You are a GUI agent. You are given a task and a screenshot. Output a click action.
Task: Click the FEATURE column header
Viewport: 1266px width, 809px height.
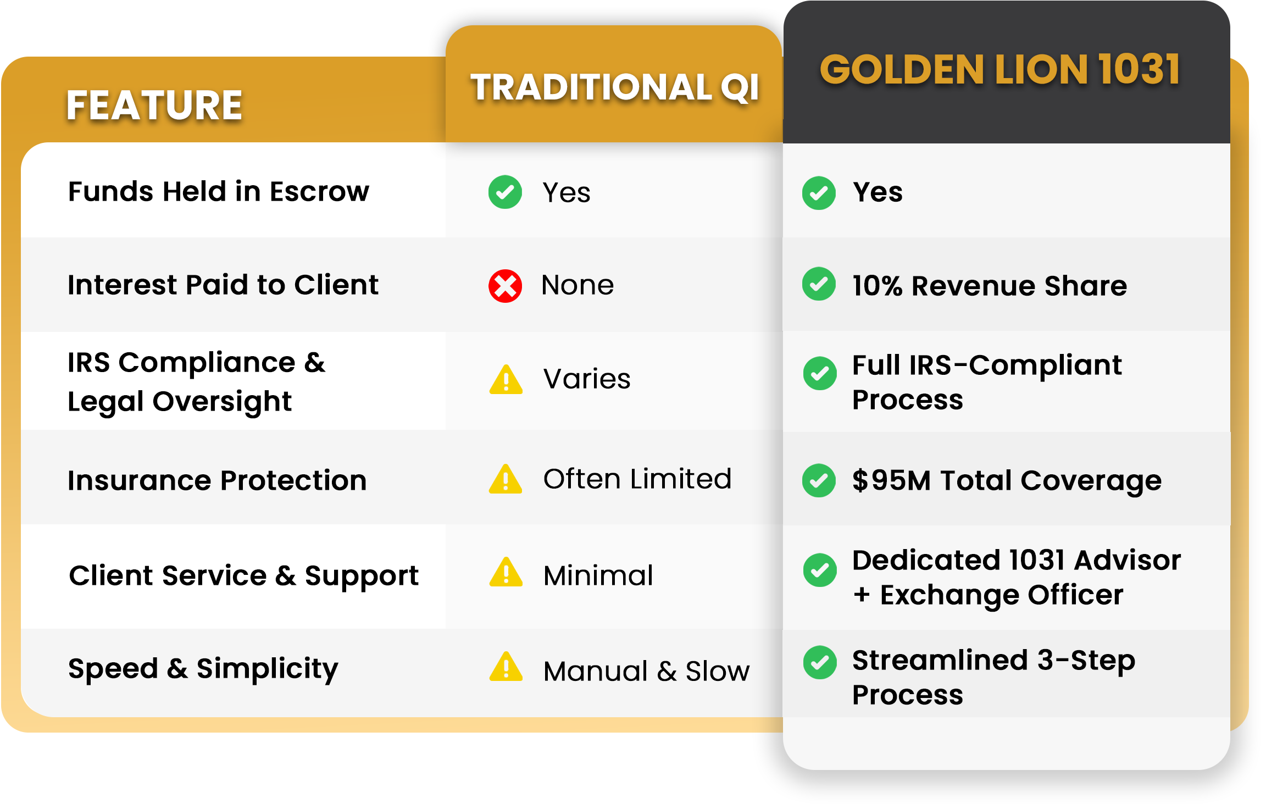(x=154, y=105)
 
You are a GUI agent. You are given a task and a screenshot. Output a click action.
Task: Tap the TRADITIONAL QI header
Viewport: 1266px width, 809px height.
(x=615, y=87)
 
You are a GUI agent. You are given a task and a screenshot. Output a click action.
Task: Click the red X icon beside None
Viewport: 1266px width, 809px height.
(x=505, y=286)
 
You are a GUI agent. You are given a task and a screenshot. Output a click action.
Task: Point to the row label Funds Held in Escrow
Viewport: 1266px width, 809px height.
(x=219, y=191)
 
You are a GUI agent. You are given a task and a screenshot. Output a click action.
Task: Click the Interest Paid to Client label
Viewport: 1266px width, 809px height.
(x=223, y=285)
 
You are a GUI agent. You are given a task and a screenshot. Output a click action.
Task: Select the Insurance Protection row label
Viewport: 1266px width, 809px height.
(x=217, y=480)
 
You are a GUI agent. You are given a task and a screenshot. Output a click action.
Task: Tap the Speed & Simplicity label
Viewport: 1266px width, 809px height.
(x=203, y=669)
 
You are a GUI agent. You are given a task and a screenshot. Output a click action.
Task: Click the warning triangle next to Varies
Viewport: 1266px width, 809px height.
(x=506, y=379)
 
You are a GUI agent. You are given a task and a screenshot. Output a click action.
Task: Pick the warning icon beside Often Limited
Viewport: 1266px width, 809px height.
(x=506, y=479)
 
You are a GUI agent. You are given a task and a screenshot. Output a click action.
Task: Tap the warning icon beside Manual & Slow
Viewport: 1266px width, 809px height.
(x=506, y=667)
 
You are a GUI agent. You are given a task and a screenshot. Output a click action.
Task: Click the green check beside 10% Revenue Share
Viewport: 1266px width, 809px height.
(x=819, y=284)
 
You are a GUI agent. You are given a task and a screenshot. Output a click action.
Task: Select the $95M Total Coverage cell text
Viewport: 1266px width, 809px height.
(x=1007, y=480)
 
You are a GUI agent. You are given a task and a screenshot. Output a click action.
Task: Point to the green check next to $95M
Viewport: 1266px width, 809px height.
(x=819, y=480)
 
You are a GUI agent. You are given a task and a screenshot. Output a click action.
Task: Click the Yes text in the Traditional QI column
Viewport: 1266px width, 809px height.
(x=567, y=192)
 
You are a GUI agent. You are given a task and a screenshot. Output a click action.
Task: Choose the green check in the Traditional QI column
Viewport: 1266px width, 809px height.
(x=505, y=192)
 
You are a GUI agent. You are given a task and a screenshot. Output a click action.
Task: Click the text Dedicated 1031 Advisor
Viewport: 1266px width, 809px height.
(x=1017, y=560)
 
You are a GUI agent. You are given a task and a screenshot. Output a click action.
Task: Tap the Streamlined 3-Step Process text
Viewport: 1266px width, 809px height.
(x=993, y=677)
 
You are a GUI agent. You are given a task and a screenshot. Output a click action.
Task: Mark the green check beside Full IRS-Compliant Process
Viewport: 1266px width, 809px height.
(x=819, y=373)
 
